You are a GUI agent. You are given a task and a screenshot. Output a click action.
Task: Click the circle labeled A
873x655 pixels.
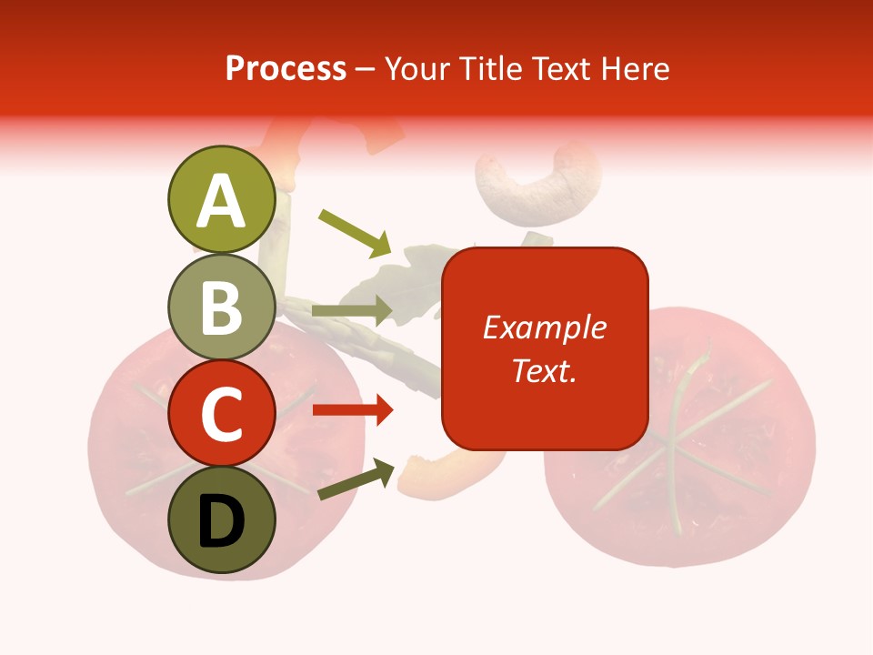point(222,199)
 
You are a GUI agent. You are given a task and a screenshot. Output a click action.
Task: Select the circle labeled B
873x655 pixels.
point(222,307)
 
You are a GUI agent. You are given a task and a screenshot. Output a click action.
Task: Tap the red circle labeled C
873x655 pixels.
point(222,415)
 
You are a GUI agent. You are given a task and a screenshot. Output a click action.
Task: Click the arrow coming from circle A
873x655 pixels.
point(355,233)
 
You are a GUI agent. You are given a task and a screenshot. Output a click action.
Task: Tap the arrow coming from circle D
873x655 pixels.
point(356,479)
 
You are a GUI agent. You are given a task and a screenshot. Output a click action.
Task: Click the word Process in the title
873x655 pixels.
point(286,68)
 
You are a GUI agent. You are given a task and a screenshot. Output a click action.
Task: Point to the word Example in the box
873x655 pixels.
point(545,327)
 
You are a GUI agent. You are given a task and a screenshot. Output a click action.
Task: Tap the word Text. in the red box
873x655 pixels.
point(545,370)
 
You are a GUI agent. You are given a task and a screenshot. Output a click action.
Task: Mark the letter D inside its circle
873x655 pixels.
point(222,522)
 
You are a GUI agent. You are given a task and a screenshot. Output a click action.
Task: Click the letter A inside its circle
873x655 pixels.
point(222,201)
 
